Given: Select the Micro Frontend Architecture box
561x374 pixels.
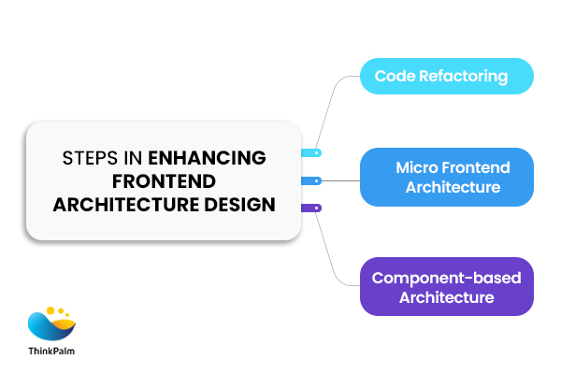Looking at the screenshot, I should click(446, 178).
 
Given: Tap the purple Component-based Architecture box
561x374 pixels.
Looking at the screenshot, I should click(446, 287).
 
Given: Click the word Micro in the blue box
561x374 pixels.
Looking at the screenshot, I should click(415, 167).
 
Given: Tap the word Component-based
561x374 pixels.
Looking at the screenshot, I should click(446, 278).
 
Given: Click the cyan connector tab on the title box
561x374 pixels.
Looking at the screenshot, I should click(310, 151).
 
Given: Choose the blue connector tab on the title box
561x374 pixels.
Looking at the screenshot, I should click(310, 180).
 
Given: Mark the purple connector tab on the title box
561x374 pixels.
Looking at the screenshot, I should click(310, 208).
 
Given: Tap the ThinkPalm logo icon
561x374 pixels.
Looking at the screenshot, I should click(52, 323).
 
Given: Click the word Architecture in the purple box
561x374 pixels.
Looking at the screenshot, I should click(446, 297).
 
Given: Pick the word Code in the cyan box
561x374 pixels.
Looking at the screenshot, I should click(393, 76).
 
